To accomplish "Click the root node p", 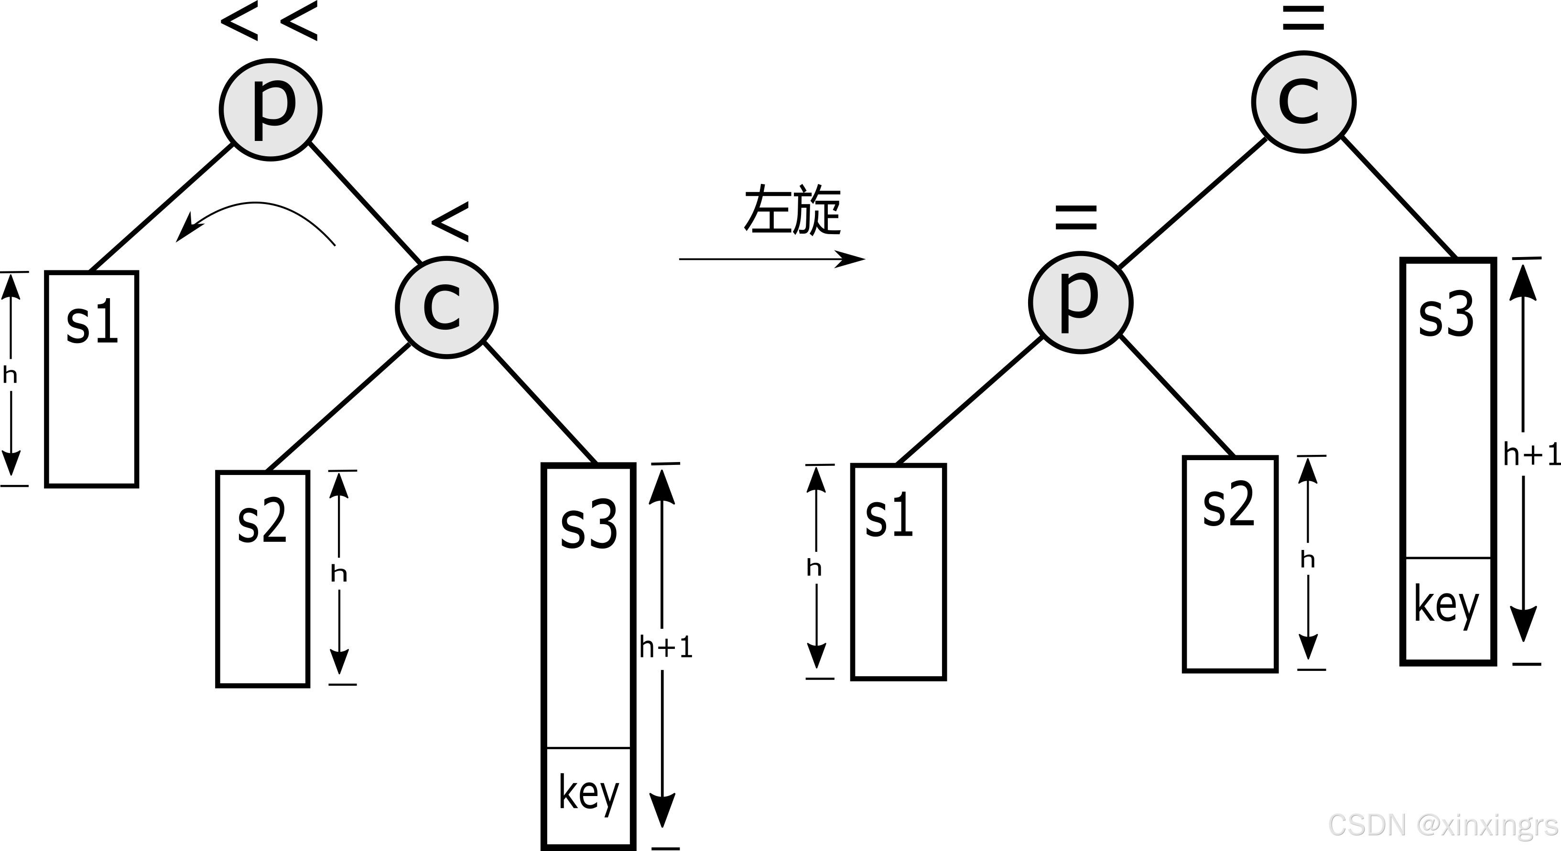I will [270, 109].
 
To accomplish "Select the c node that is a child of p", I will [446, 307].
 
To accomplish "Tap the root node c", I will [1303, 102].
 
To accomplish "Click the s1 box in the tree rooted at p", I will [91, 379].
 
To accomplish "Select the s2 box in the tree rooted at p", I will [262, 579].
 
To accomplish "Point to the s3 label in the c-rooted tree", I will [1446, 315].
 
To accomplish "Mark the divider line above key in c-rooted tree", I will [1447, 558].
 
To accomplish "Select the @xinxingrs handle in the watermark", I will [1487, 824].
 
